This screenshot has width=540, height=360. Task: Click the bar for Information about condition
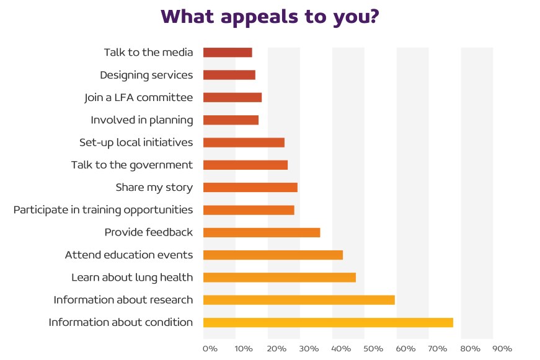(328, 322)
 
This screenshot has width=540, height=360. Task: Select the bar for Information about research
(299, 300)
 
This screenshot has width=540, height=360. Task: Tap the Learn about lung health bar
(279, 278)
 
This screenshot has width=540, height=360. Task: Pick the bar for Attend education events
(273, 255)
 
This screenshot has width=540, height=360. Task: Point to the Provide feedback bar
(262, 232)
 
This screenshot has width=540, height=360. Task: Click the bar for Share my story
(250, 187)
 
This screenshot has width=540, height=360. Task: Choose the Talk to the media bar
(228, 53)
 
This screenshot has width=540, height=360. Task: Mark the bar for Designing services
(229, 75)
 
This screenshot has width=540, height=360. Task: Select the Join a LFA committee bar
(232, 97)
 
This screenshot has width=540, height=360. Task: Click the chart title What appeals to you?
(270, 17)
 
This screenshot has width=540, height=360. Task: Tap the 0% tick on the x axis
(210, 349)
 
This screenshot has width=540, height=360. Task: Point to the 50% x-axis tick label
(373, 349)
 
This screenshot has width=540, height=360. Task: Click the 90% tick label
(503, 349)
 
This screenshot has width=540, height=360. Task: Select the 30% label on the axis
(308, 349)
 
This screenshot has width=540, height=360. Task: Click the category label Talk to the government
(132, 165)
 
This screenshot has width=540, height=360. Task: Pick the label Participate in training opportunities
(103, 210)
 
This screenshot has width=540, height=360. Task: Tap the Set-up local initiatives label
(136, 143)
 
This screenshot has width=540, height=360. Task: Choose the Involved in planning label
(142, 120)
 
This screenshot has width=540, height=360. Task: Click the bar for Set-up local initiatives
(244, 143)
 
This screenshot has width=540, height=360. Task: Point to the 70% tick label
(438, 349)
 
